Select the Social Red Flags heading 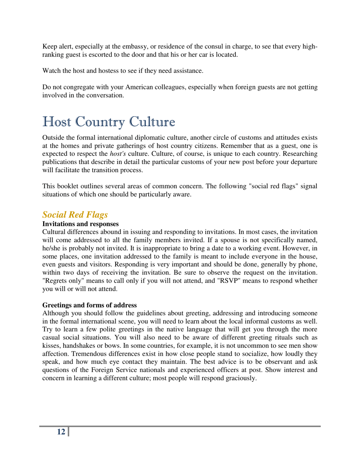click(75, 215)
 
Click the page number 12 click(60, 432)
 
